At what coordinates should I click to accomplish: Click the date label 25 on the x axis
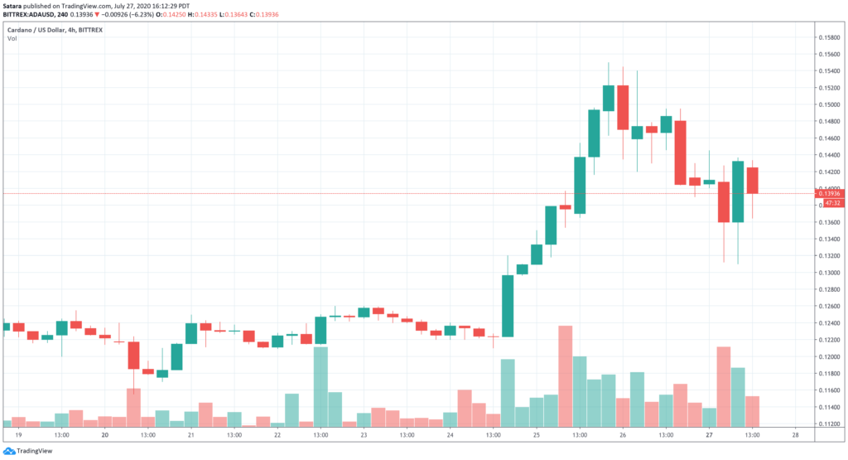tap(536, 433)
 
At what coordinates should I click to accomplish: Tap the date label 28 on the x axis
tap(795, 433)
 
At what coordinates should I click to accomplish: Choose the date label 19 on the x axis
tap(18, 433)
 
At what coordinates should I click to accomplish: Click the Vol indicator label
tap(13, 38)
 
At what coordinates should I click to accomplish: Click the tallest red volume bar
tap(566, 376)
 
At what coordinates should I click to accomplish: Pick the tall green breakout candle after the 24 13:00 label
tap(508, 306)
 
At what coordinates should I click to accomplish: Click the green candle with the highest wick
tap(609, 98)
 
